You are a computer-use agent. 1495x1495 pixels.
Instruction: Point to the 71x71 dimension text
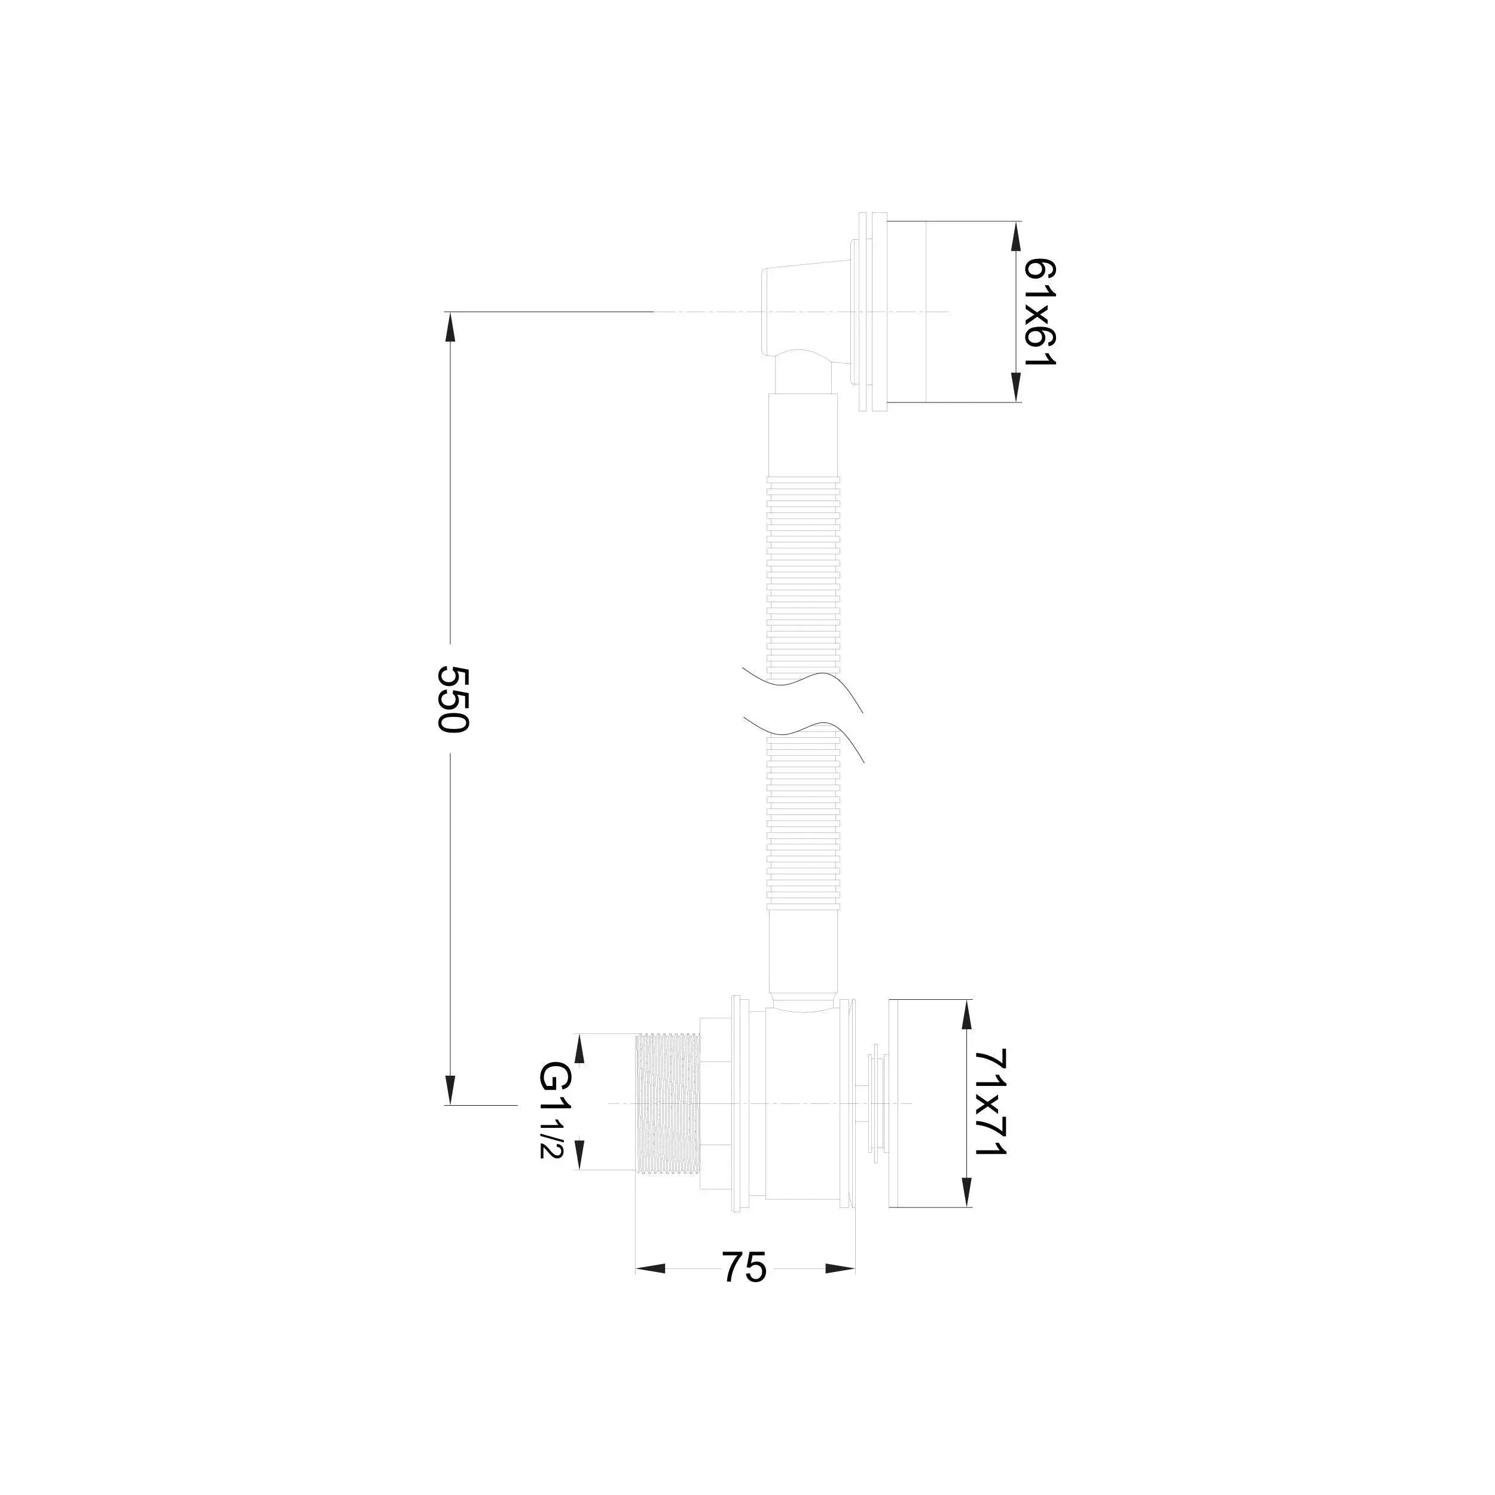[990, 1113]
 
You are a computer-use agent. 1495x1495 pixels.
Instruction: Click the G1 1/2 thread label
[556, 1121]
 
